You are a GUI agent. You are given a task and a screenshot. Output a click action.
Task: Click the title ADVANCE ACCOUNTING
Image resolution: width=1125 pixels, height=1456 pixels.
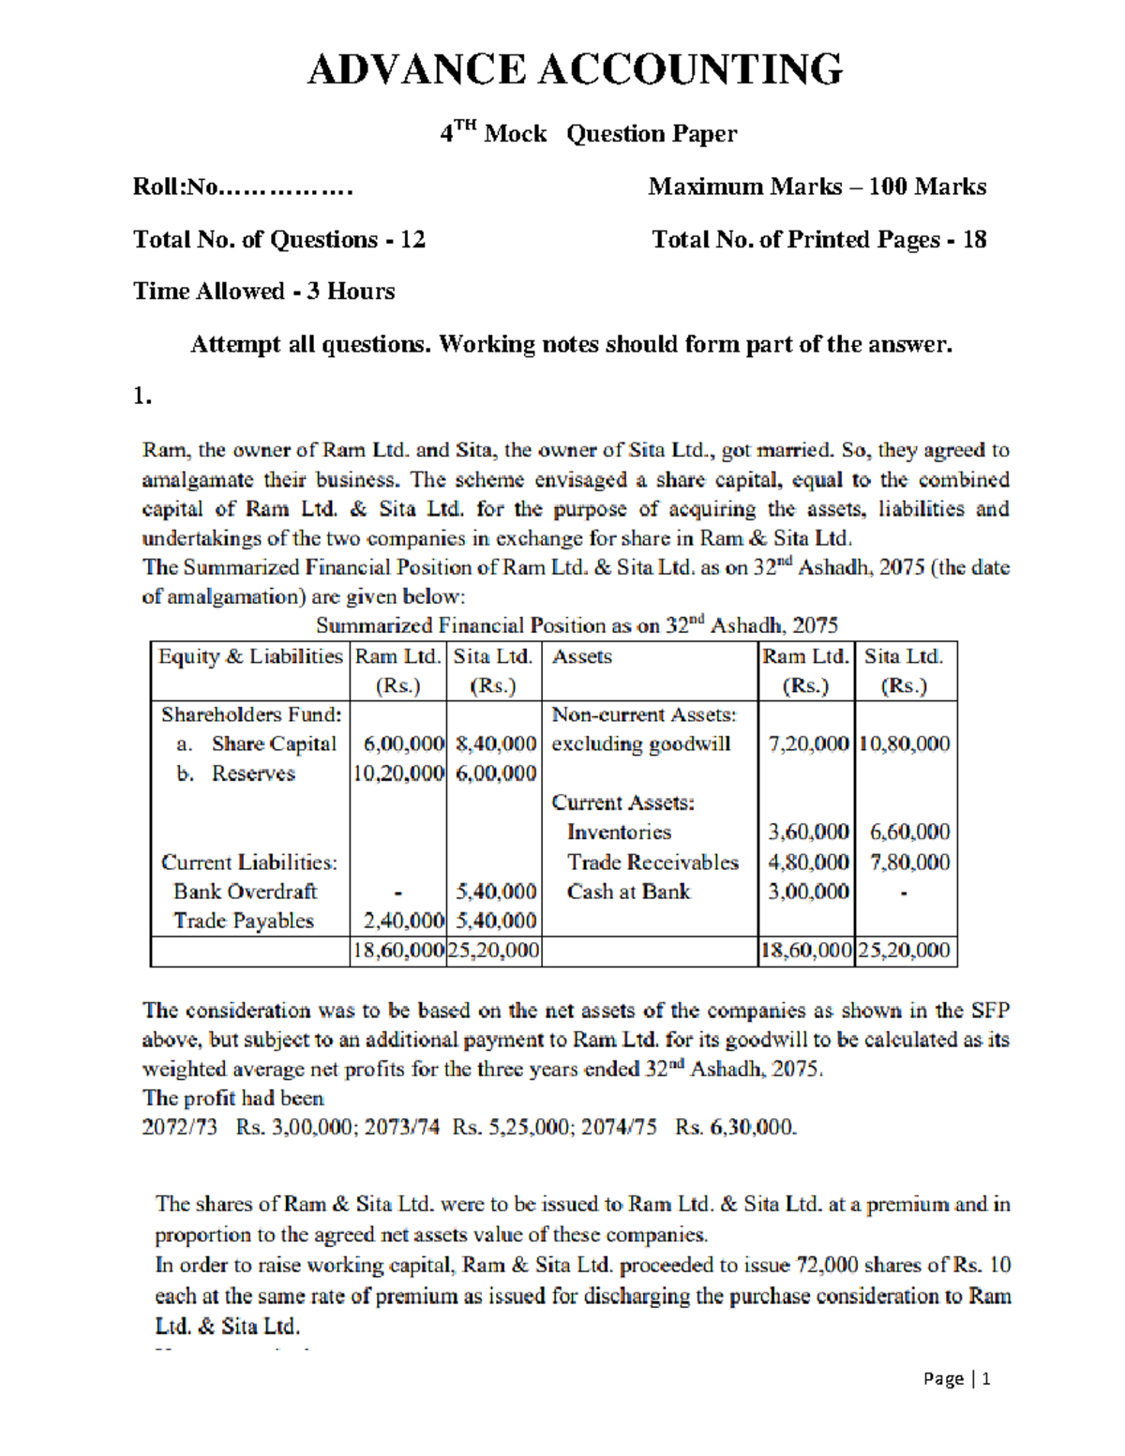(x=575, y=70)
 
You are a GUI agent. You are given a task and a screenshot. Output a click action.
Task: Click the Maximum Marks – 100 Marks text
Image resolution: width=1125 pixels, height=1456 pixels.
(x=817, y=187)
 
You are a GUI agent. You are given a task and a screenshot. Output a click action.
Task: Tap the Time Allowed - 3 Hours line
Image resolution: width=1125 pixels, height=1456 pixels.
(x=263, y=292)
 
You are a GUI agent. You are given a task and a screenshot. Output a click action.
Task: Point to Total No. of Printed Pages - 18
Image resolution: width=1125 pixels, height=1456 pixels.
(x=818, y=240)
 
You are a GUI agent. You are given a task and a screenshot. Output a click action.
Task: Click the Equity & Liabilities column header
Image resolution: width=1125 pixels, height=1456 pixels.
(x=250, y=656)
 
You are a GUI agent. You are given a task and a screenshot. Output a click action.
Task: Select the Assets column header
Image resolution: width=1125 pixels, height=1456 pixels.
(x=582, y=656)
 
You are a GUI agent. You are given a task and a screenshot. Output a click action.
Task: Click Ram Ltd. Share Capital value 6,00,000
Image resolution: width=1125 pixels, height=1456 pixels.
(x=403, y=744)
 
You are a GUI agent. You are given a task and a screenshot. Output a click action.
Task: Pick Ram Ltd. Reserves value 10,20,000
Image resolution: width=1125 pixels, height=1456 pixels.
(x=398, y=773)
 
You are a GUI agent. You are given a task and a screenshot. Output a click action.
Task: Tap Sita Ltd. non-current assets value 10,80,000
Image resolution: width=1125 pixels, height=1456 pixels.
(x=905, y=744)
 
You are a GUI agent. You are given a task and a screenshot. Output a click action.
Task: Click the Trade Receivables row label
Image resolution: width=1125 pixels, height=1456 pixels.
(x=652, y=863)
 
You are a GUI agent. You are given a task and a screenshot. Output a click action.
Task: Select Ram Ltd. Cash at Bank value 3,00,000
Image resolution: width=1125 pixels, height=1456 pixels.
(x=808, y=892)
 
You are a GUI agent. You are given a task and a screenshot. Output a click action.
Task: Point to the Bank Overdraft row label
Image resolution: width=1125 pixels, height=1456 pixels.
(x=246, y=892)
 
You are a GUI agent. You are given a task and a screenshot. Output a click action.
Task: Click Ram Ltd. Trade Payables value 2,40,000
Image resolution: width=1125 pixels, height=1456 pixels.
(x=403, y=922)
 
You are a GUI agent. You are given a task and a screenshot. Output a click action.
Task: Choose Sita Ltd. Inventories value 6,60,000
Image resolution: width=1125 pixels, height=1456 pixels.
(x=909, y=833)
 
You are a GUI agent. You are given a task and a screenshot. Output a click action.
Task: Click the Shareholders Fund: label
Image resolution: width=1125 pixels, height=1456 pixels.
(x=251, y=715)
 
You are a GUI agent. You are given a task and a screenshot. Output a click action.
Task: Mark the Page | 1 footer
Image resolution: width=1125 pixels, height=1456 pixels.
(x=956, y=1378)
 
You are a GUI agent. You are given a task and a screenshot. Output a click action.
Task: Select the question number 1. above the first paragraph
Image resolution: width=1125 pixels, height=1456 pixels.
(x=142, y=397)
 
